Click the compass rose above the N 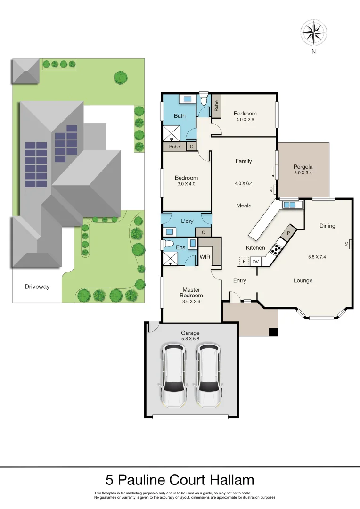pyautogui.click(x=313, y=33)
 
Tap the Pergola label pyautogui.click(x=303, y=167)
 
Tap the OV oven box pyautogui.click(x=256, y=262)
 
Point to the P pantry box pyautogui.click(x=288, y=233)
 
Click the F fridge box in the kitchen pyautogui.click(x=244, y=262)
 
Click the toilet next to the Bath pyautogui.click(x=204, y=99)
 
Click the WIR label pyautogui.click(x=205, y=257)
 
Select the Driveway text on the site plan pyautogui.click(x=37, y=287)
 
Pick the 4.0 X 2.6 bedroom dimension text pyautogui.click(x=245, y=120)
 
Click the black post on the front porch pyautogui.click(x=273, y=332)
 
